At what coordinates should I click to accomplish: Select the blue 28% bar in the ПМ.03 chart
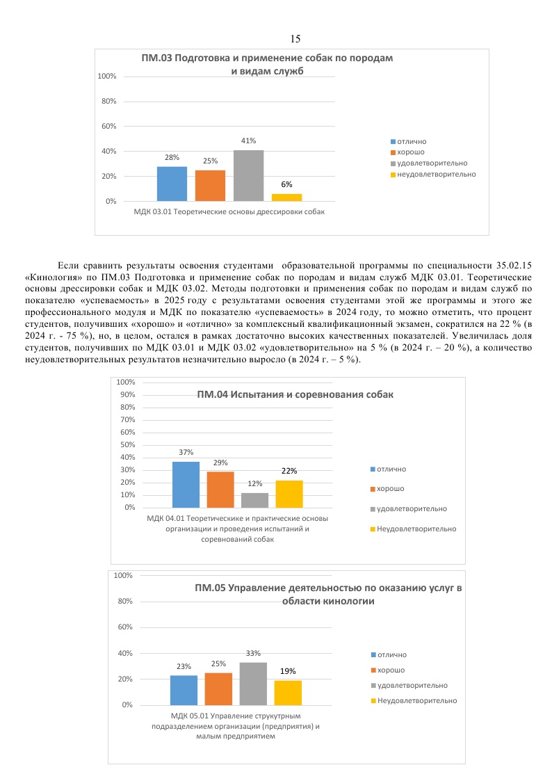point(172,184)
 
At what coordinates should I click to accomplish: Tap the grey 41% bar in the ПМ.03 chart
point(248,175)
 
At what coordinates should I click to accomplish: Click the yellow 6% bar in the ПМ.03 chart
point(286,198)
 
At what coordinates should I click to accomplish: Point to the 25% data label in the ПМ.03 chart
point(210,161)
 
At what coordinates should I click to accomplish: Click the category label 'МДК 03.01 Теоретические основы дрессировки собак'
point(229,211)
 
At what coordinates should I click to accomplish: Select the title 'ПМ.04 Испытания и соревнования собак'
point(295,395)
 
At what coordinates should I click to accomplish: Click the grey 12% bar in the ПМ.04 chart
point(254,500)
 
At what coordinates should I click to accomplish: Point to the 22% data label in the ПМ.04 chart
point(289,471)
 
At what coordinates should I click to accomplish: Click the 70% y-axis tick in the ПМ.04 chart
point(126,420)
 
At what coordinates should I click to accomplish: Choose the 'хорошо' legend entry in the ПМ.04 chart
point(390,489)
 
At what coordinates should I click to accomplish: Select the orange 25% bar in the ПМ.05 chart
point(218,689)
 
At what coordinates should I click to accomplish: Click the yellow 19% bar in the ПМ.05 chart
point(288,693)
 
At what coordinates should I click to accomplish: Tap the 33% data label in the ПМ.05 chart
point(253,654)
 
